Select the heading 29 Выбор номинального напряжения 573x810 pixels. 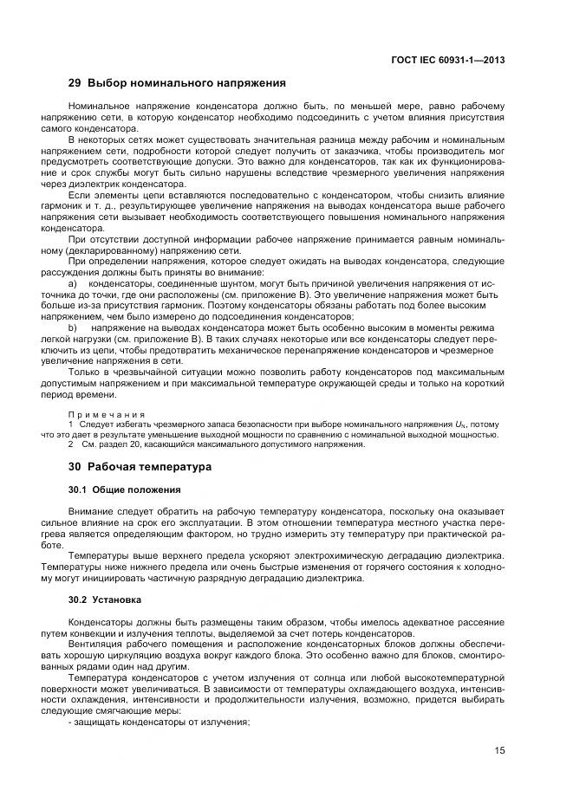point(177,84)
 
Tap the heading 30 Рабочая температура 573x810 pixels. point(139,466)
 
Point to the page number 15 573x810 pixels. point(499,750)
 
